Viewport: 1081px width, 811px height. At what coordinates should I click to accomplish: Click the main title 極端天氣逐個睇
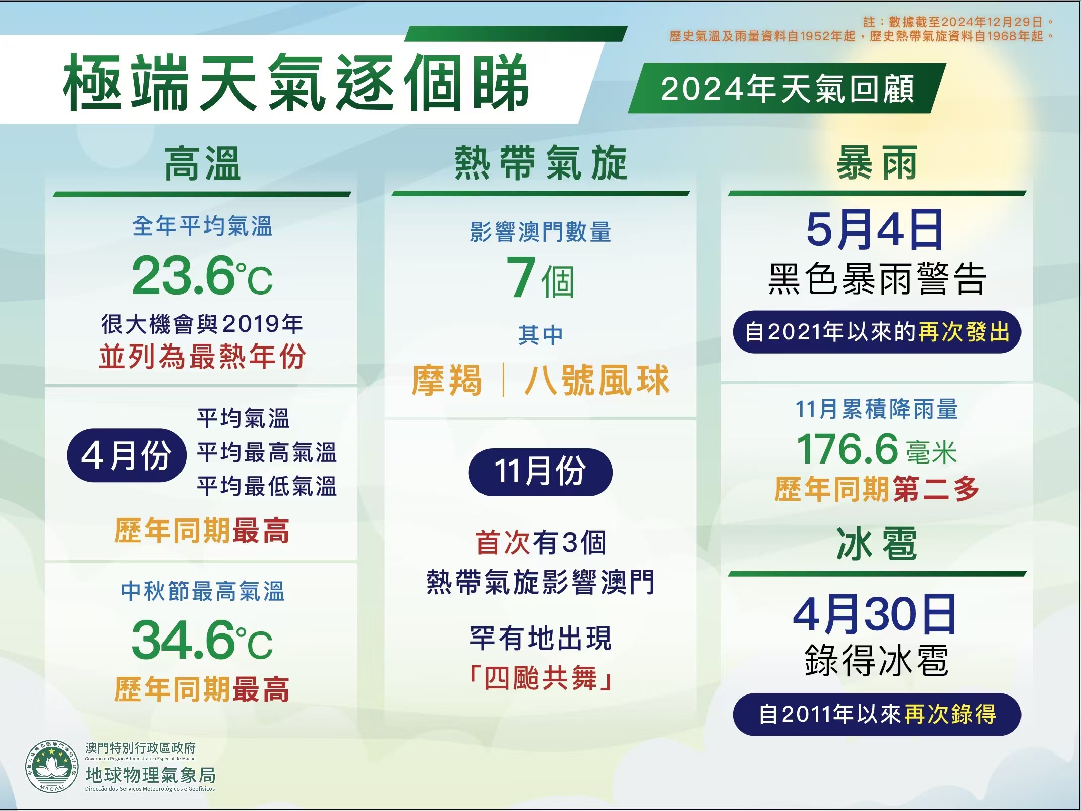[x=295, y=82]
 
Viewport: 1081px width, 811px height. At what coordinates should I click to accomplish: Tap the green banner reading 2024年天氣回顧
[x=787, y=88]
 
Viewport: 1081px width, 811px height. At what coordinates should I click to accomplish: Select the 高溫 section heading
[x=202, y=163]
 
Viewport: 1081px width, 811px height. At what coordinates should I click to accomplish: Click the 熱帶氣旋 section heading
[x=540, y=163]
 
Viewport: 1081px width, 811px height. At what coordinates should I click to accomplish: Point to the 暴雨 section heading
[x=876, y=163]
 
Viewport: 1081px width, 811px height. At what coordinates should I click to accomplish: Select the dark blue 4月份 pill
[x=127, y=455]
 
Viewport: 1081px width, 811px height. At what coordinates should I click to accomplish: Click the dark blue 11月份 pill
[x=540, y=472]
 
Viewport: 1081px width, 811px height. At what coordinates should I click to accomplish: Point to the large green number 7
[x=521, y=277]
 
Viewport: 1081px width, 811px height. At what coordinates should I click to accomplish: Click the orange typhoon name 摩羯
[x=447, y=380]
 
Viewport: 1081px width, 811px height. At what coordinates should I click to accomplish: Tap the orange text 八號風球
[x=597, y=380]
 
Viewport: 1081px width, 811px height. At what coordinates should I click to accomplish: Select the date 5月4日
[x=875, y=230]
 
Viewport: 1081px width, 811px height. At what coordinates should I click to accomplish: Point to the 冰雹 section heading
[x=876, y=544]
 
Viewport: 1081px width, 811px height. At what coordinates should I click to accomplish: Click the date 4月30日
[x=875, y=614]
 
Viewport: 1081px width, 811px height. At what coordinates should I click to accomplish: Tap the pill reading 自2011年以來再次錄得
[x=877, y=714]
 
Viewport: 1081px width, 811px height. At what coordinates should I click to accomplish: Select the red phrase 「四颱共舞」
[x=540, y=678]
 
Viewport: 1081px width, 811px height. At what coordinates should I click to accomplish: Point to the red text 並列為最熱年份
[x=202, y=357]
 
